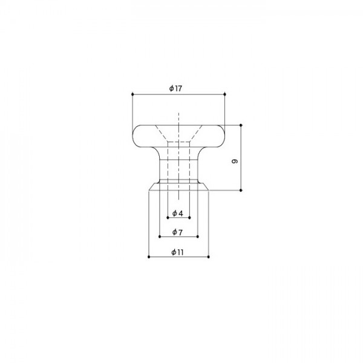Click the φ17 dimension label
pyautogui.click(x=175, y=88)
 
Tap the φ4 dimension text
pyautogui.click(x=177, y=214)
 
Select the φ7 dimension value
pyautogui.click(x=177, y=232)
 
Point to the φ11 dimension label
pyautogui.click(x=177, y=252)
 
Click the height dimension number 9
pyautogui.click(x=235, y=162)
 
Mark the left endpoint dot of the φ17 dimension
pyautogui.click(x=131, y=94)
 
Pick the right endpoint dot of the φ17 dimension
pyautogui.click(x=224, y=94)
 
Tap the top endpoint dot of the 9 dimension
pyautogui.click(x=241, y=125)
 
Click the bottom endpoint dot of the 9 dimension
pyautogui.click(x=241, y=191)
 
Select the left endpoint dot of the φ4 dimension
pyautogui.click(x=167, y=218)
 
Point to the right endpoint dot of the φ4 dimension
pyautogui.click(x=189, y=218)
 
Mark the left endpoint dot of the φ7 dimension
pyautogui.click(x=159, y=237)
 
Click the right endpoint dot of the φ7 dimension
pyautogui.click(x=198, y=237)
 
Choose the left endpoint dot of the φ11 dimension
pyautogui.click(x=148, y=257)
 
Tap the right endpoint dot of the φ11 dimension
pyautogui.click(x=208, y=257)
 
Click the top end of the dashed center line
pyautogui.click(x=178, y=113)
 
